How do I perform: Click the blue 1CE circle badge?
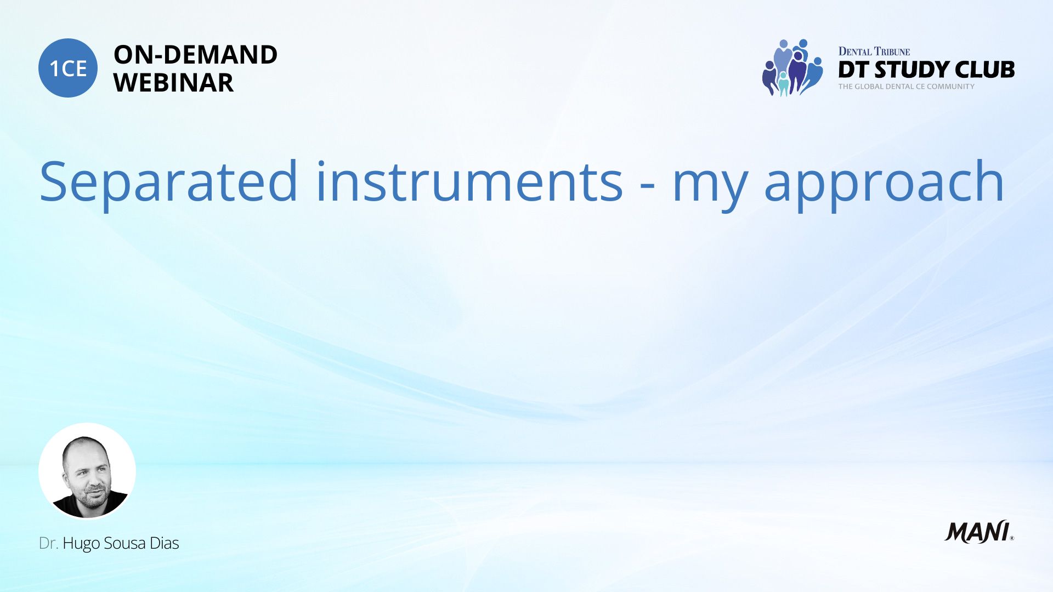coord(68,68)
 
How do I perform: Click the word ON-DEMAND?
coord(195,55)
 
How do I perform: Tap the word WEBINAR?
coord(173,83)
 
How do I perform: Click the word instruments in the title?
coord(469,181)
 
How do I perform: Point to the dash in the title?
coord(648,186)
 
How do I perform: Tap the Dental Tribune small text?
coord(874,52)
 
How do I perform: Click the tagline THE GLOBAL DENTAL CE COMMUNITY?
coord(907,87)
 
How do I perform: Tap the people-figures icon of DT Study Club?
coord(792,68)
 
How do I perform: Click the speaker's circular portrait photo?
coord(87,471)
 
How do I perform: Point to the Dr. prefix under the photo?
coord(48,543)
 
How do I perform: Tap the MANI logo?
coord(979,532)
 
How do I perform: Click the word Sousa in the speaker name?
coord(124,543)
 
